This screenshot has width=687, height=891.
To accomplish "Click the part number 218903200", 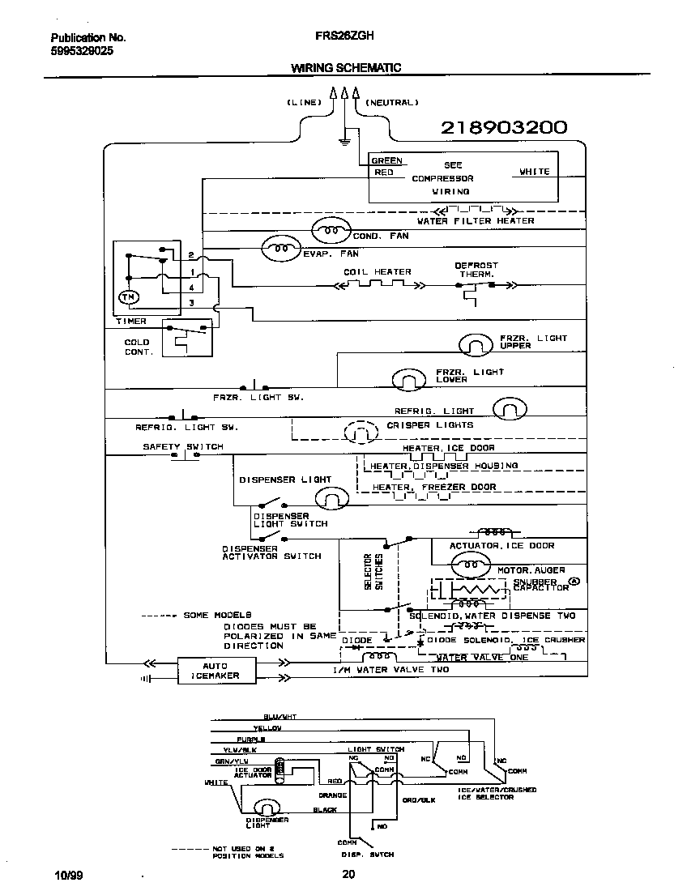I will (x=503, y=128).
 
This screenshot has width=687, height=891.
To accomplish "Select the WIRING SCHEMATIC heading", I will (x=346, y=68).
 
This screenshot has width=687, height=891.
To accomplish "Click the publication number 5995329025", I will (x=82, y=50).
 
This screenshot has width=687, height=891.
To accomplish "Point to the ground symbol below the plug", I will (x=344, y=141).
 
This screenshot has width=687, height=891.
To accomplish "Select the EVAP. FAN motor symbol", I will (x=279, y=249).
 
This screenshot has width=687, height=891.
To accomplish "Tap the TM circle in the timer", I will (x=129, y=298).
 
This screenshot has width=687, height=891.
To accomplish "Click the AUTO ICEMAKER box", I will (x=215, y=671).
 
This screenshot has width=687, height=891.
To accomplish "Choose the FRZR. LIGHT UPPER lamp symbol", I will (x=476, y=345).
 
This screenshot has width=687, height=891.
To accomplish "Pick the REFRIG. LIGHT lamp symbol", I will (x=510, y=410).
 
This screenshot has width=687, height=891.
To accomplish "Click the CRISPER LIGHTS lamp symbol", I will (x=357, y=433).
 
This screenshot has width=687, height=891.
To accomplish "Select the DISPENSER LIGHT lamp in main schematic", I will (x=331, y=497).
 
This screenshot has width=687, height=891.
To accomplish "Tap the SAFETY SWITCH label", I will (x=183, y=447).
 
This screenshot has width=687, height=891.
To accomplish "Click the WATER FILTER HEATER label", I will (x=476, y=221).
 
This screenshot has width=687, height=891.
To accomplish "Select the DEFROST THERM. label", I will (x=476, y=270).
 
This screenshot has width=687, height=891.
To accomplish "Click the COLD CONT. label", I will (x=137, y=347).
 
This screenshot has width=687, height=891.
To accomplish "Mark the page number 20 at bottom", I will (x=348, y=874).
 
